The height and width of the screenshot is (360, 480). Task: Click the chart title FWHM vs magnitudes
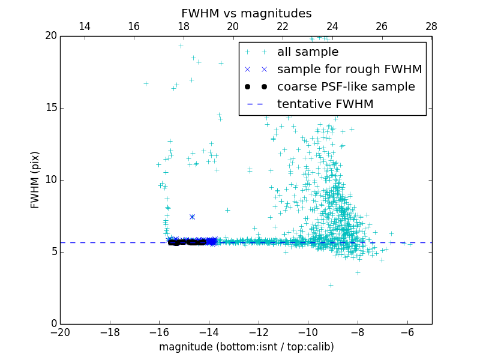point(246,13)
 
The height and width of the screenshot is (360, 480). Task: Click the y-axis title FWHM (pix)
point(35,180)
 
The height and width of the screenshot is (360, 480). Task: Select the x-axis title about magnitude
point(246,347)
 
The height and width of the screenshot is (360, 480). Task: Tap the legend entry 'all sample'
point(308,52)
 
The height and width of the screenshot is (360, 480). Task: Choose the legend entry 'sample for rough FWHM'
point(349,70)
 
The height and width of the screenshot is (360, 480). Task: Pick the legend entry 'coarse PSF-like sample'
point(346,87)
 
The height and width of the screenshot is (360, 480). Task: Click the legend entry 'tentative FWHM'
point(325,104)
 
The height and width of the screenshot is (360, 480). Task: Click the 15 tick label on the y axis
point(50,108)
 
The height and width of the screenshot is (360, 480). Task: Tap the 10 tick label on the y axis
point(50,180)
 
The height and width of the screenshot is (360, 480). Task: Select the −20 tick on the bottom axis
point(60,332)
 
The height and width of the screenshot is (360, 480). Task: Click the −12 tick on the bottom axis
point(259,332)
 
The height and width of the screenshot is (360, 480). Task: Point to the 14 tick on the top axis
point(85,26)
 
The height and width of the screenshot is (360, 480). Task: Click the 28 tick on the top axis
point(431,26)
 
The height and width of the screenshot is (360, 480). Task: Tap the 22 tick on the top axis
point(283,26)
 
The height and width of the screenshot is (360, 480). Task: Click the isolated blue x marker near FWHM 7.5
point(192,217)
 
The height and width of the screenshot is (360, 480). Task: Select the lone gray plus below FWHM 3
point(330,285)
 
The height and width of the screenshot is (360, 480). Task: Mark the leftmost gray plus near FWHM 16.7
point(146,83)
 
